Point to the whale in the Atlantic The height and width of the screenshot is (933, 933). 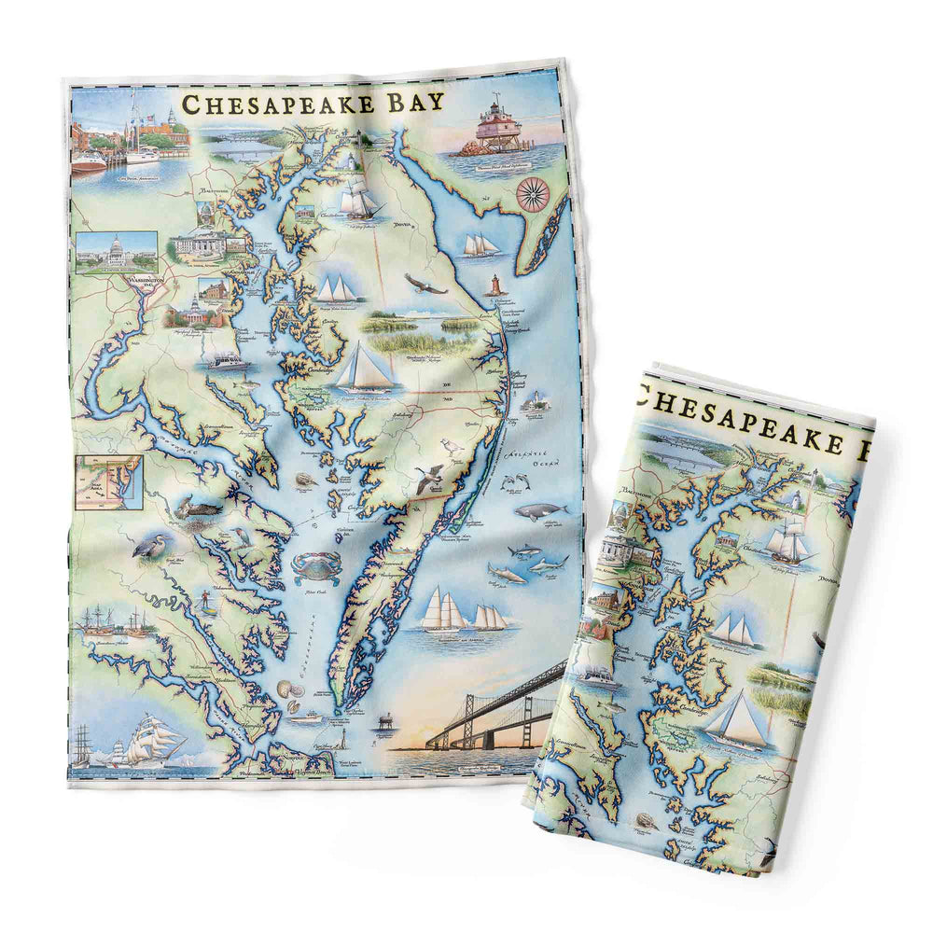(x=541, y=509)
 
